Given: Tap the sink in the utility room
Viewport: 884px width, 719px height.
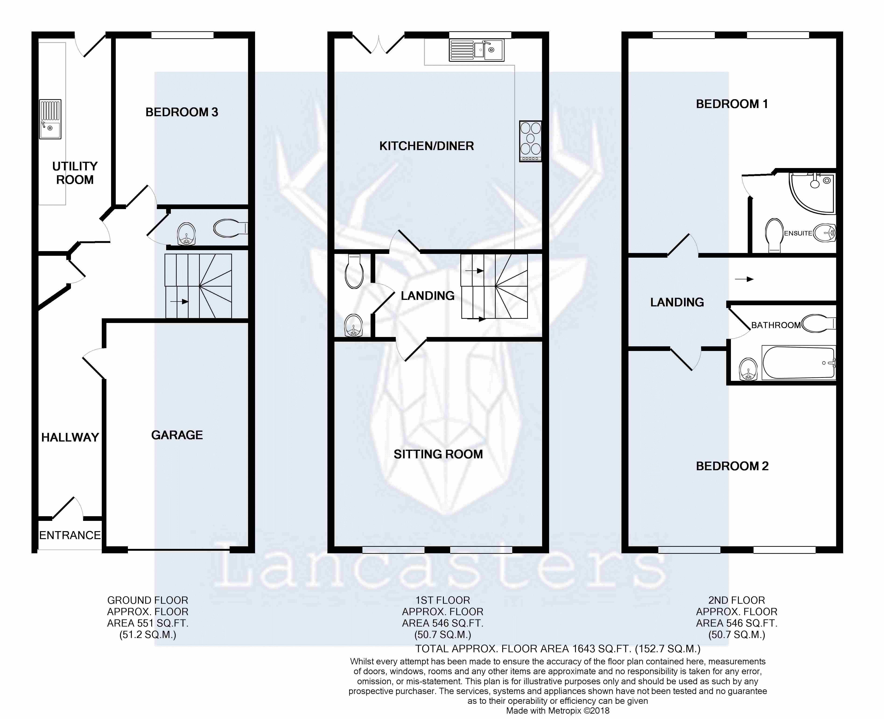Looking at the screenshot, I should [x=50, y=119].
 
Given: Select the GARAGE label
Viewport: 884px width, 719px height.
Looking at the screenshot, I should [x=177, y=435].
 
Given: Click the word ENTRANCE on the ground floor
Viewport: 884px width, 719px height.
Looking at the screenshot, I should [x=70, y=535].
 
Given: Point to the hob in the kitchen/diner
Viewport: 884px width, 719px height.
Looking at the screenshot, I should [x=530, y=141].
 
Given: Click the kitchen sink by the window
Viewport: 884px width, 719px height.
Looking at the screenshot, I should [x=476, y=50].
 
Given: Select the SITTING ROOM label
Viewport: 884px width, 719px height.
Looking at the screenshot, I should [x=438, y=454].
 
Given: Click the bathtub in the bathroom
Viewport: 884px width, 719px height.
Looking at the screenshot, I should [x=798, y=363].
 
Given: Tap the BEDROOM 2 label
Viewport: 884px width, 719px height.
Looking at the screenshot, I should [x=732, y=466].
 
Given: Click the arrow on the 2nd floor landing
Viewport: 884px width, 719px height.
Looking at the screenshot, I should [x=744, y=279].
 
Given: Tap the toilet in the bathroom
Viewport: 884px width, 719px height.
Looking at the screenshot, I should [x=818, y=323].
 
